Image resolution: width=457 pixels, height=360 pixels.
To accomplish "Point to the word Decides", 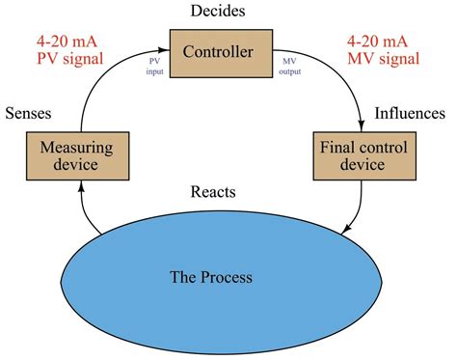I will click(220, 12).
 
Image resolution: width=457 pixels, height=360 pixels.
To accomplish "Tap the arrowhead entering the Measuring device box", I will click(77, 187).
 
